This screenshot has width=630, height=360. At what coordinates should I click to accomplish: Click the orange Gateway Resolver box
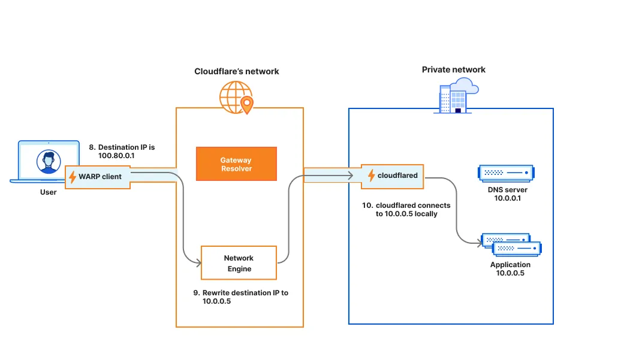[x=236, y=164]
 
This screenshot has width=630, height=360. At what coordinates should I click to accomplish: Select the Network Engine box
[x=239, y=263]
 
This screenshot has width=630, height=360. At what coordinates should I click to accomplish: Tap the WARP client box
[x=98, y=177]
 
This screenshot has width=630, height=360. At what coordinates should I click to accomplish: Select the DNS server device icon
[x=505, y=173]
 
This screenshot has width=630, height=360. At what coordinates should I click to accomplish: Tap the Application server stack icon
[x=511, y=245]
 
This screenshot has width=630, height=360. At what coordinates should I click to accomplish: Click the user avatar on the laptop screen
[x=48, y=161]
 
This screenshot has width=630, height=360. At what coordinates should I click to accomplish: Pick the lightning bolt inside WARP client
[x=73, y=177]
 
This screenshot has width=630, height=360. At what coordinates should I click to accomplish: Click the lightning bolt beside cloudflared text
[x=371, y=176]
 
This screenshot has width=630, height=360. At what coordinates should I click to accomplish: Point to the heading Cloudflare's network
[x=236, y=71]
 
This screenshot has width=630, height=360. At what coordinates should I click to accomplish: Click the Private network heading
[x=453, y=69]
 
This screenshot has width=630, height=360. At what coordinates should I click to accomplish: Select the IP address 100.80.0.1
[x=116, y=156]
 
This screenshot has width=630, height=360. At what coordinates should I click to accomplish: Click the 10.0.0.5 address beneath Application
[x=510, y=273]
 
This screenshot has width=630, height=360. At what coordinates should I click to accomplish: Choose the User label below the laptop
[x=48, y=192]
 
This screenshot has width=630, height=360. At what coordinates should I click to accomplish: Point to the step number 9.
[x=196, y=293]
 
